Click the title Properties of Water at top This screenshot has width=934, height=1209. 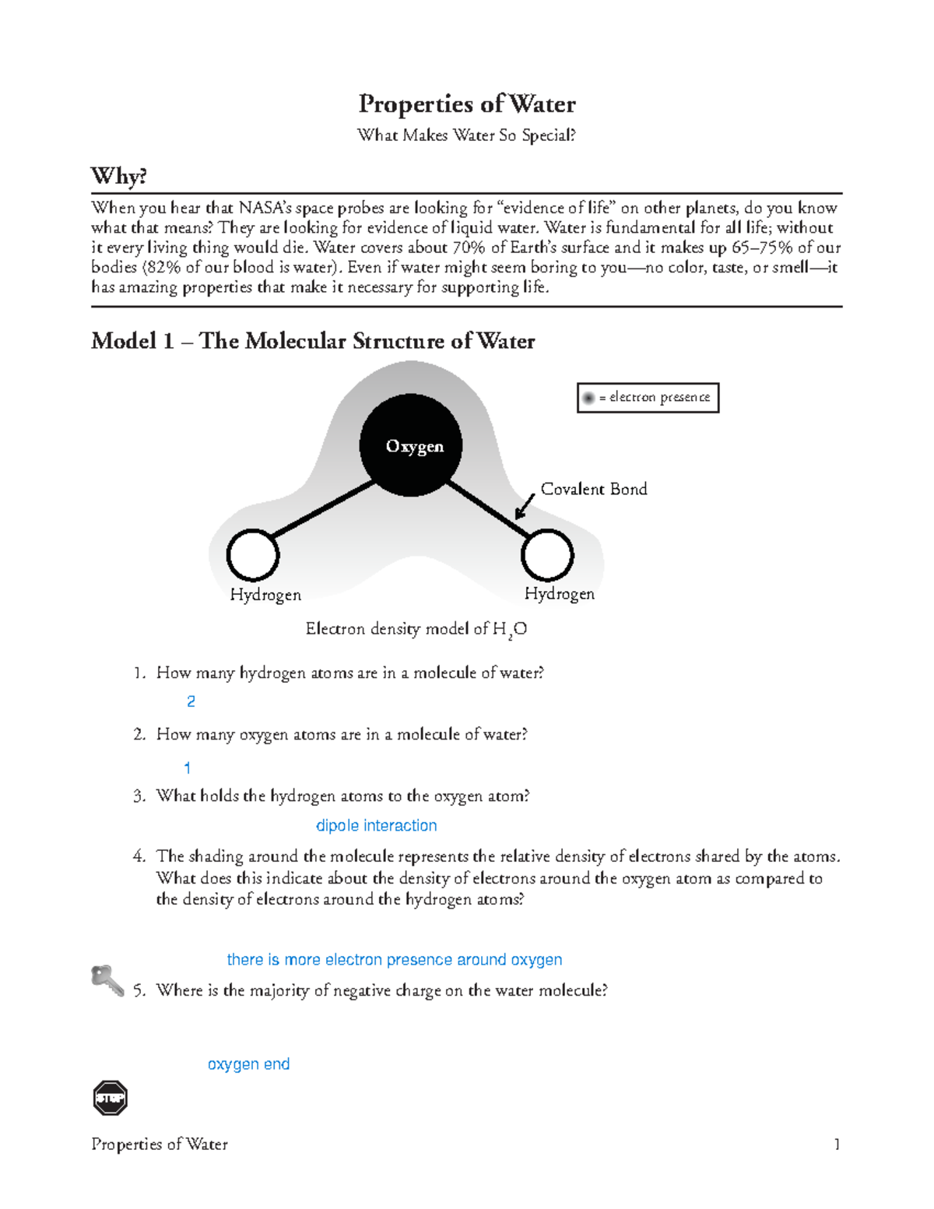466,104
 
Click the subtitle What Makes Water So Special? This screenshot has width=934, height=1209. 466,135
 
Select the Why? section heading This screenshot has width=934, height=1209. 118,176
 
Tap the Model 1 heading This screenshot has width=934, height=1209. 313,341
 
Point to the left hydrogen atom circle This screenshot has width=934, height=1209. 253,556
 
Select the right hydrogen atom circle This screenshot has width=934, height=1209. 547,555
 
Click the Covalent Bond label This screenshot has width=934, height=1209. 593,489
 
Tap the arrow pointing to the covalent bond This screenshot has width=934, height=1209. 525,506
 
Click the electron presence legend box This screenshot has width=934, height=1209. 648,398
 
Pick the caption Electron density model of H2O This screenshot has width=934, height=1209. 416,629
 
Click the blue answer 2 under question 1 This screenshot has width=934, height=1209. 191,701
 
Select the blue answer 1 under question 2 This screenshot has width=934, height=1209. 187,768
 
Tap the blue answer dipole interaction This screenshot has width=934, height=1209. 376,825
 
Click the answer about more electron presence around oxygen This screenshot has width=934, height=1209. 394,960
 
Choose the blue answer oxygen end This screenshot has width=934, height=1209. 248,1064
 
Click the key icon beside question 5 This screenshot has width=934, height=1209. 107,980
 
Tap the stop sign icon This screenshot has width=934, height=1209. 110,1098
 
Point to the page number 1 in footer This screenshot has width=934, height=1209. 837,1144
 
